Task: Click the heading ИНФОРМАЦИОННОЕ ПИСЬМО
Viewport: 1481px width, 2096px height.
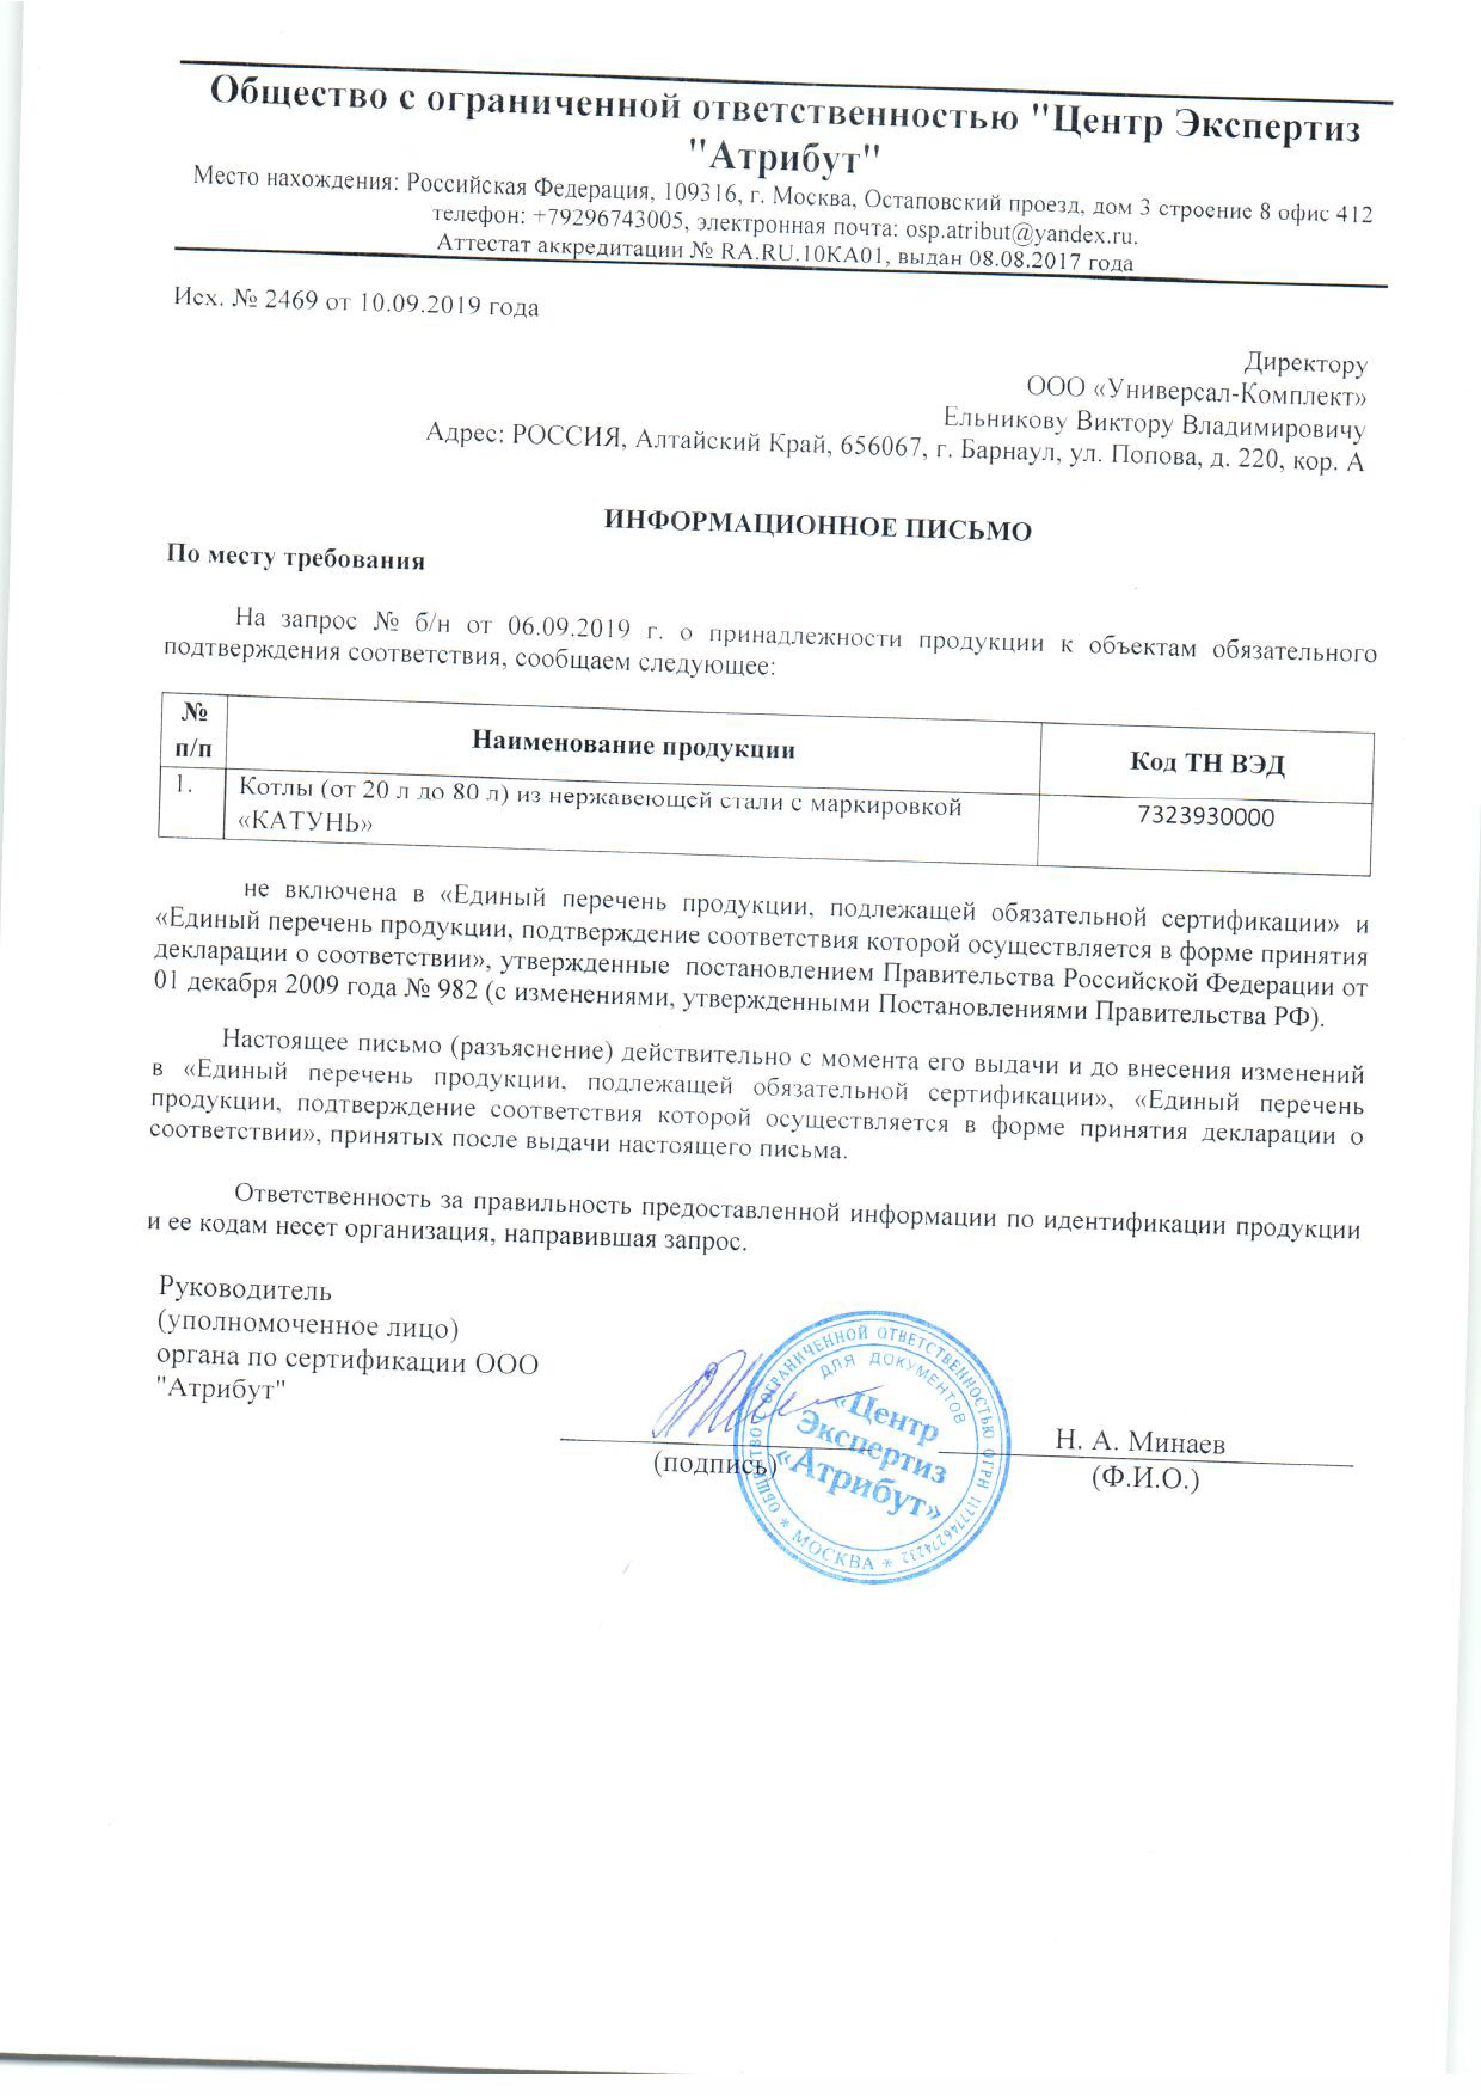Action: [x=819, y=525]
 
